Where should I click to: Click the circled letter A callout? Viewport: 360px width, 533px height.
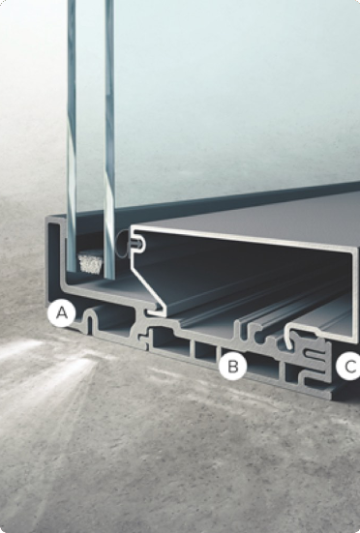(x=62, y=313)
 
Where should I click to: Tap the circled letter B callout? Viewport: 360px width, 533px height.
(x=233, y=367)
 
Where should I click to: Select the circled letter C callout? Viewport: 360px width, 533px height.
(x=348, y=367)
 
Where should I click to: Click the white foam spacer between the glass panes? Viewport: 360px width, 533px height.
(x=90, y=263)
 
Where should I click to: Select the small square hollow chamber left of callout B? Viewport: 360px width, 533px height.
(x=205, y=349)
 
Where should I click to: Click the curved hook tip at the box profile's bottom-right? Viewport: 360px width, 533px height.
(x=289, y=337)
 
